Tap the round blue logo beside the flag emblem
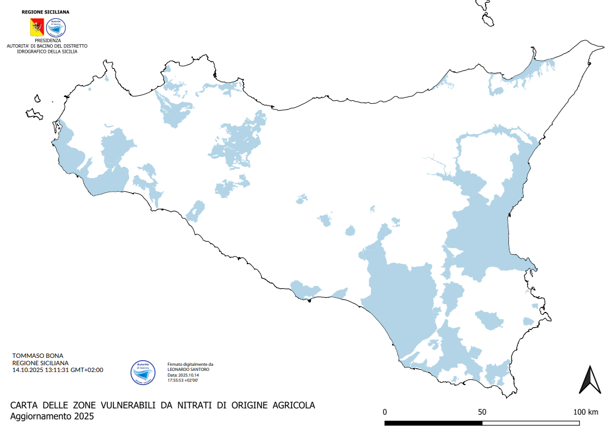[56, 27]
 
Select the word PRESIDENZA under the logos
[47, 40]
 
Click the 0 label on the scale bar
[385, 411]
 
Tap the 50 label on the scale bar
[482, 411]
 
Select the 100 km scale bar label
[585, 411]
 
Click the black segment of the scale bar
[433, 423]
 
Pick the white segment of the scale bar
[531, 423]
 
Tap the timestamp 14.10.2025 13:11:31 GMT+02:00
[57, 370]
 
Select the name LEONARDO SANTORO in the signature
[188, 370]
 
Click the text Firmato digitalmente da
[190, 365]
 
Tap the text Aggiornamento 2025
[52, 416]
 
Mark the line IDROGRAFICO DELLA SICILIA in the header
[47, 51]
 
